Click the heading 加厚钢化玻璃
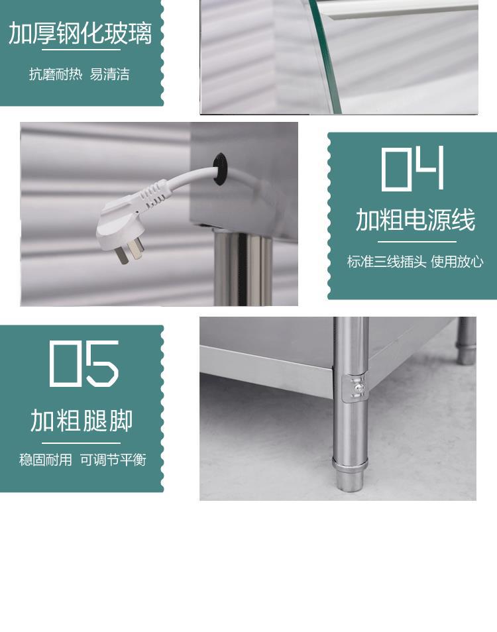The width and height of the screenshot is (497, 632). click(x=80, y=33)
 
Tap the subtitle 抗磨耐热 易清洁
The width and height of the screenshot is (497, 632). click(x=79, y=74)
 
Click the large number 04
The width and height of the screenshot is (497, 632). click(x=412, y=168)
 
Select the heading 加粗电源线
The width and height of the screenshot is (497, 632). click(x=415, y=220)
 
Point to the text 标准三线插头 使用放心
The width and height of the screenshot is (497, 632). click(x=415, y=262)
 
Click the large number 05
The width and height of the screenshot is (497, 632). click(x=84, y=364)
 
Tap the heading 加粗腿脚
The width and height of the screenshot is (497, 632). click(x=82, y=421)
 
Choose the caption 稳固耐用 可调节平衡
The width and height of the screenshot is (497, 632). click(x=83, y=460)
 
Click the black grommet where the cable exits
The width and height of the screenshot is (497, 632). click(x=220, y=169)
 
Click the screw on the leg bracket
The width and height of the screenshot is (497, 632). click(x=358, y=388)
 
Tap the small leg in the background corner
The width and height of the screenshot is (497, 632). click(x=467, y=341)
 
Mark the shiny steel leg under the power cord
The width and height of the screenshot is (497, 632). click(x=243, y=269)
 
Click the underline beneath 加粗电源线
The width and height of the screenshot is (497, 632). click(x=417, y=242)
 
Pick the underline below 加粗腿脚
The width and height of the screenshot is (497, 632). click(x=81, y=443)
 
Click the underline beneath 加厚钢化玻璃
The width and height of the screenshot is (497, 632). click(x=81, y=50)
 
